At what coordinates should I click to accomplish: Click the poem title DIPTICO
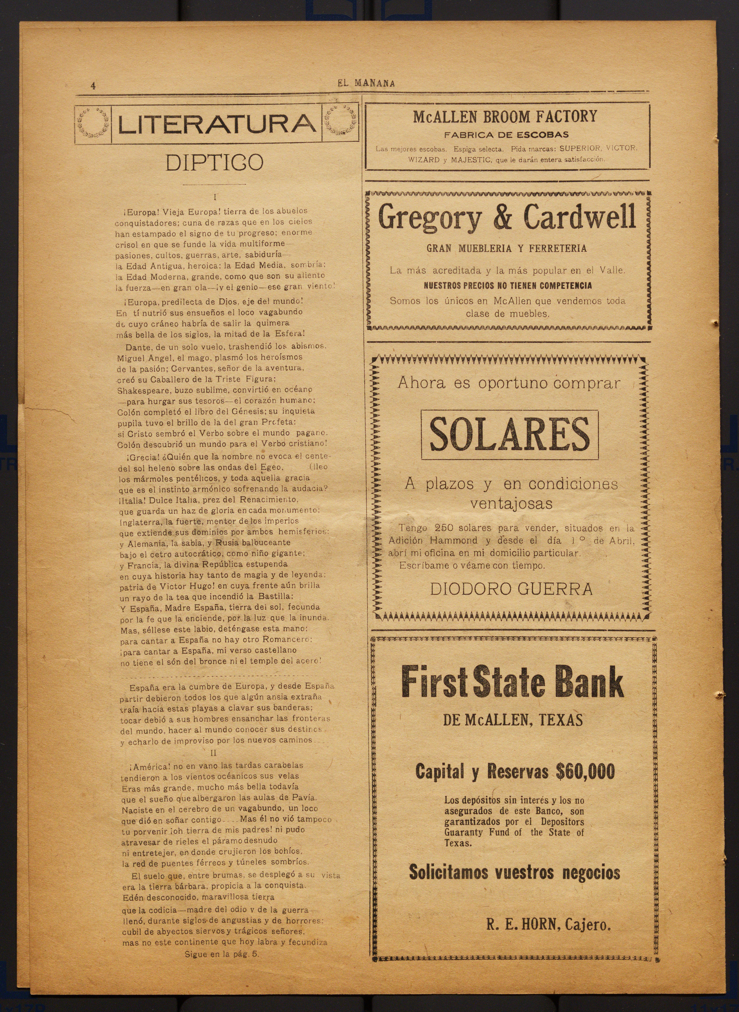point(214,163)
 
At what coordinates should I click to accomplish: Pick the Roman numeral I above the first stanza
point(215,197)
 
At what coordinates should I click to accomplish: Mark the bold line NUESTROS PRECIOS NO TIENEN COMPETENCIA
point(508,285)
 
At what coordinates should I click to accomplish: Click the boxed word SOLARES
point(510,434)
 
